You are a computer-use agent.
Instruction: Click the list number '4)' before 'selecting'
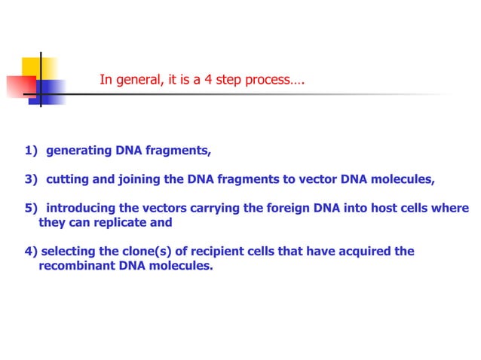tap(30, 252)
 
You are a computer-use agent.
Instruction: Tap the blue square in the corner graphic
tap(50, 91)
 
